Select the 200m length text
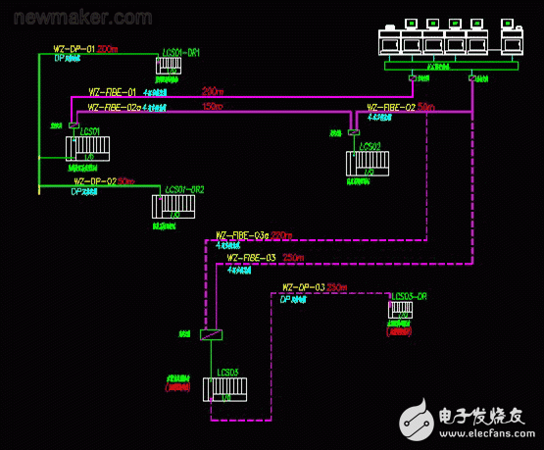click(x=108, y=48)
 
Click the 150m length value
click(x=213, y=106)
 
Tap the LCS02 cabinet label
click(x=370, y=146)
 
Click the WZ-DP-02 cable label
click(x=95, y=181)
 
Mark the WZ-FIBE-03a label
click(x=242, y=235)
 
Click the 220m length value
click(x=281, y=235)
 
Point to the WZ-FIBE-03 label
click(x=252, y=258)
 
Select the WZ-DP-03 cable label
click(x=303, y=287)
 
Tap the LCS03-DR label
click(x=410, y=295)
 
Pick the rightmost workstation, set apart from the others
click(x=512, y=40)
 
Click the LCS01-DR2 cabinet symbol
click(x=174, y=206)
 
